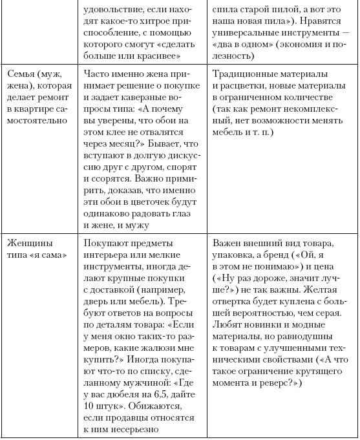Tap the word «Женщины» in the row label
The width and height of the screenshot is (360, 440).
28,243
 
